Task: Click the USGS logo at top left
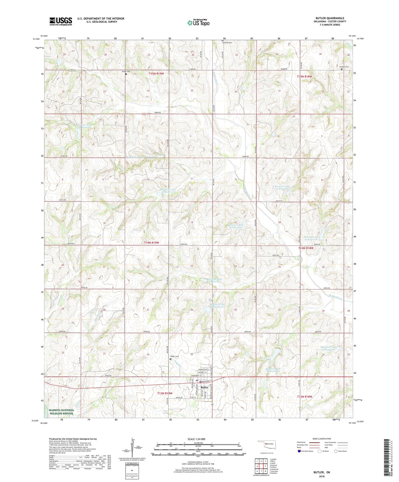coord(60,21)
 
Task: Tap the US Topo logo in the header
coord(198,23)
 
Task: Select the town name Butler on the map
coord(204,388)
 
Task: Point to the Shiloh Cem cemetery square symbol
coord(126,74)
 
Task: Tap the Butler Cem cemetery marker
coord(170,359)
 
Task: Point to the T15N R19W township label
coord(156,74)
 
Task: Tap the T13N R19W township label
coord(165,393)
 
